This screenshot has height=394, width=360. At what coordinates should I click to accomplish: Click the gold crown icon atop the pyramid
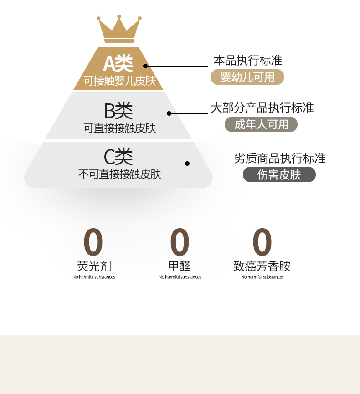coord(118,30)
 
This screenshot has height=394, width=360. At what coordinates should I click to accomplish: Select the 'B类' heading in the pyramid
coord(118,110)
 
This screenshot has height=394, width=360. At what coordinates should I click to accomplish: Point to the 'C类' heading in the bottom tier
coord(118,157)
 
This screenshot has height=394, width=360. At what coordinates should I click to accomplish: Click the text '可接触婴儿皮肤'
coord(120,82)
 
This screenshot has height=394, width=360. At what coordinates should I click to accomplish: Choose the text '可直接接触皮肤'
coord(120,128)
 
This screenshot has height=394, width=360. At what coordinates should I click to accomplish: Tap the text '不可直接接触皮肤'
coord(119,174)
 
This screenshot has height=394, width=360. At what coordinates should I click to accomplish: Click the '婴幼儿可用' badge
coord(247,77)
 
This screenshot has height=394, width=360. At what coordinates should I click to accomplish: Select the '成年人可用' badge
coord(261,124)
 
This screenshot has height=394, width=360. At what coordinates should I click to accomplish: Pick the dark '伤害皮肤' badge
coord(279,175)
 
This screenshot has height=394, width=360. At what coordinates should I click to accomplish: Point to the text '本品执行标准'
coord(248,61)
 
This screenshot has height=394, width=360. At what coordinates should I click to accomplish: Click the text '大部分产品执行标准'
coord(262,108)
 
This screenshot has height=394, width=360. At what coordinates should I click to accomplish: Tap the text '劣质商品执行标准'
coord(279,159)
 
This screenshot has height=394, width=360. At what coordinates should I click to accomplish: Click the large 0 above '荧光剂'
coord(93,243)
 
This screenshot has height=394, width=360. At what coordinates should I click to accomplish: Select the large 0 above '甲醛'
coord(180,243)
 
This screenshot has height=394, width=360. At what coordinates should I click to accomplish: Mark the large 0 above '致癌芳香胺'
coord(262,243)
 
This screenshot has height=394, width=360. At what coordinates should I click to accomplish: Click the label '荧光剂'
coord(94,266)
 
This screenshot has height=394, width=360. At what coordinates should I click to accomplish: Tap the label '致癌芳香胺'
coord(262,266)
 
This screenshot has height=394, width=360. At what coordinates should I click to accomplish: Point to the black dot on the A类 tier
coord(145,66)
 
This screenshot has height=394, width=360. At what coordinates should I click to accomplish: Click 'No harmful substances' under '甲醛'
coord(180,277)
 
